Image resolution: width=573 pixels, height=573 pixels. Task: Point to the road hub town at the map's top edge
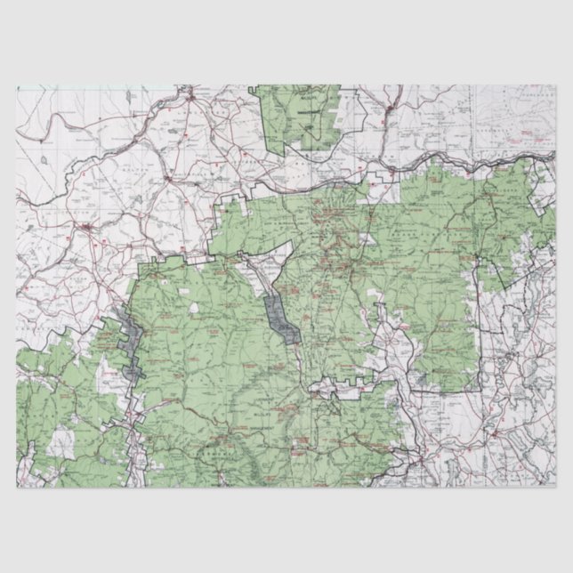point(190,93)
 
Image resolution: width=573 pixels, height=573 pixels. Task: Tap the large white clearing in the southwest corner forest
point(61,440)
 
